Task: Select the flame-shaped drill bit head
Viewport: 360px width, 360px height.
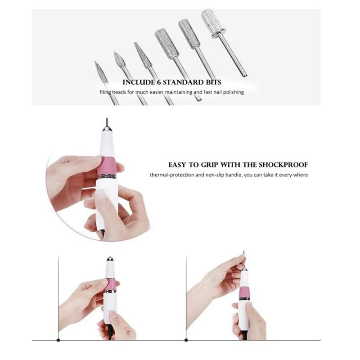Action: tap(120, 60)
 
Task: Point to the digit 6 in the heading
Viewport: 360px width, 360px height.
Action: tap(159, 82)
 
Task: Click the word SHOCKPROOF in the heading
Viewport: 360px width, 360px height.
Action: tap(283, 165)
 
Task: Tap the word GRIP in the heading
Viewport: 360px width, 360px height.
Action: tap(210, 165)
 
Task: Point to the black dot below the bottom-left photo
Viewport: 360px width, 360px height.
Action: tap(58, 340)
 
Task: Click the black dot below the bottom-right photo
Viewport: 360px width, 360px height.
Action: tap(186, 340)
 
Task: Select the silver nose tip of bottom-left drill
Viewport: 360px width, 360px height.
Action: tap(110, 260)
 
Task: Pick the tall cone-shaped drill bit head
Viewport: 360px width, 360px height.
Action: tap(143, 55)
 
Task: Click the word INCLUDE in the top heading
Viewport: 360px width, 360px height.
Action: tap(139, 82)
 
